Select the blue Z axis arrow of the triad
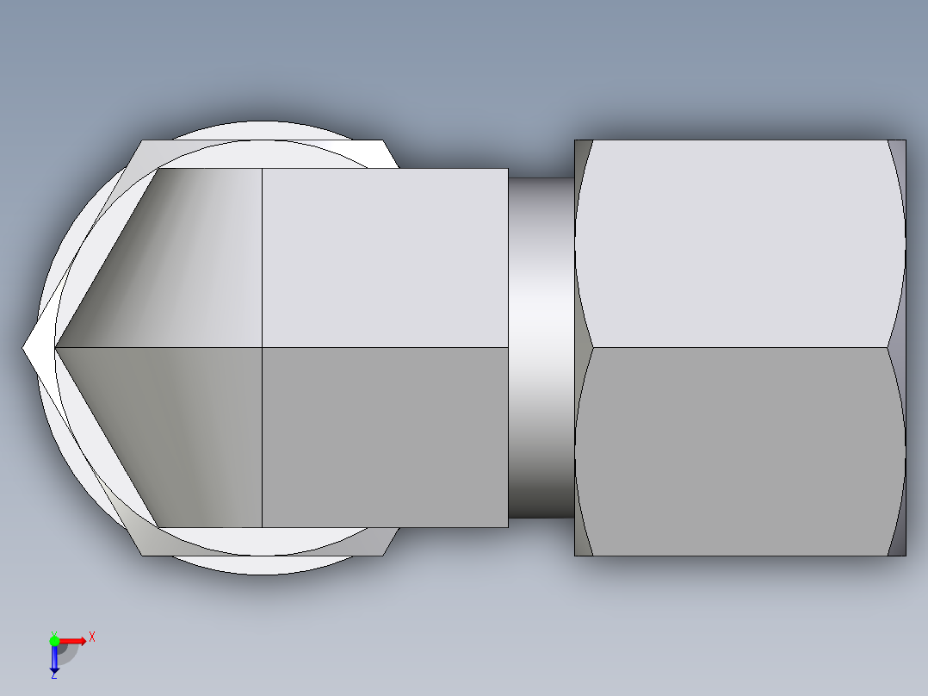tap(53, 659)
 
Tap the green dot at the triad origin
tap(54, 640)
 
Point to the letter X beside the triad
tap(92, 637)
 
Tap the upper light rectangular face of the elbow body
tap(384, 258)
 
